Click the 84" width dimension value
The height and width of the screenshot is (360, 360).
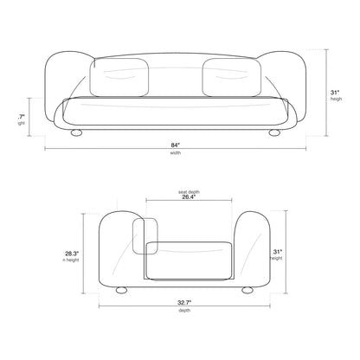coord(177,146)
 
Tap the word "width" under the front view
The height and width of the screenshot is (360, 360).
coord(177,154)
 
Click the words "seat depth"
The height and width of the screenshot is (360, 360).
coord(187,191)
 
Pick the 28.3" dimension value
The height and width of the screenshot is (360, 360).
coord(73,254)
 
